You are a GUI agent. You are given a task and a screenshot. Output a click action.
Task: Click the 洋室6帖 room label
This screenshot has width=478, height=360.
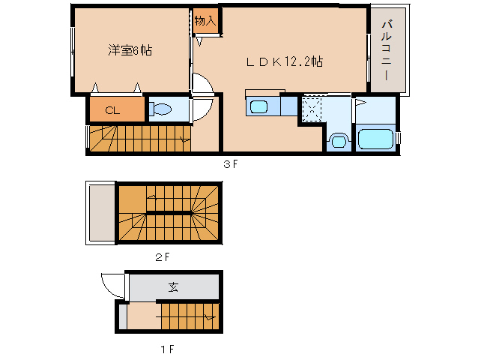[130, 50]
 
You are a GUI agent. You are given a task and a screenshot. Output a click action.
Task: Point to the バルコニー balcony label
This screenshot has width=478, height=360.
[387, 51]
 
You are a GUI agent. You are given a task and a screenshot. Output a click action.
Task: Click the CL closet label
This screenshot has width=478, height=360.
[112, 110]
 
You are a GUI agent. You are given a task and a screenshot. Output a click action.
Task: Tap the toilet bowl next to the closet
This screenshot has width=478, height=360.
[160, 110]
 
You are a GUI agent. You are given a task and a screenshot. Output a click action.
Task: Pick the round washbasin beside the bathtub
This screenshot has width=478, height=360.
[338, 139]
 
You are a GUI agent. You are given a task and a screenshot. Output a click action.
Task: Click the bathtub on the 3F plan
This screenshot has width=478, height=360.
[376, 139]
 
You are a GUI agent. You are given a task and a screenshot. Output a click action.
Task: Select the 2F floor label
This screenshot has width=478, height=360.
[163, 256]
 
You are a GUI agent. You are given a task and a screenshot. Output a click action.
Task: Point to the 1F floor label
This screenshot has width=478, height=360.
[166, 349]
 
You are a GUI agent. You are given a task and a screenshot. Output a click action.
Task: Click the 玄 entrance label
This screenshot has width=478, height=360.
[173, 286]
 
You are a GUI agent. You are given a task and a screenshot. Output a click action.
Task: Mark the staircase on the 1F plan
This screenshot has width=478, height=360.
[187, 317]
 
